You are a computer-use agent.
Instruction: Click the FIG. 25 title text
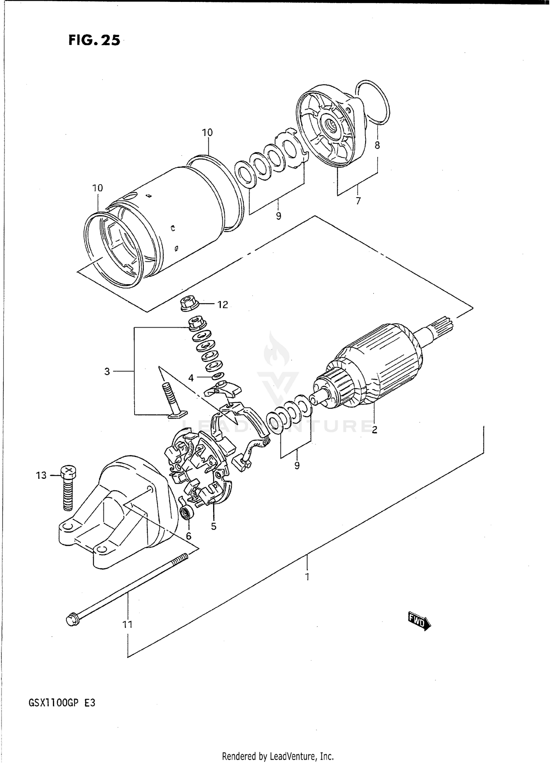point(94,40)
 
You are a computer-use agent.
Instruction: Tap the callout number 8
point(377,145)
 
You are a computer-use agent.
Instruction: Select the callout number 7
point(358,201)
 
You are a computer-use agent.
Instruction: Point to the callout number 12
point(222,305)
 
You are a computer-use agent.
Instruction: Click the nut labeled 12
point(189,305)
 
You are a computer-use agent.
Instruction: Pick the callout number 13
point(41,475)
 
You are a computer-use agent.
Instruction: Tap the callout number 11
point(128,624)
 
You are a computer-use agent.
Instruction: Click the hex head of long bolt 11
point(72,620)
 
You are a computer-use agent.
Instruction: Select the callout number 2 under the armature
point(374,430)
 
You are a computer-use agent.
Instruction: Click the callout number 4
point(191,378)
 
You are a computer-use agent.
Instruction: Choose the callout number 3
point(107,371)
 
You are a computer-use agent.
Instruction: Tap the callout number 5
point(214,527)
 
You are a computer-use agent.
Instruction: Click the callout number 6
point(188,536)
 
